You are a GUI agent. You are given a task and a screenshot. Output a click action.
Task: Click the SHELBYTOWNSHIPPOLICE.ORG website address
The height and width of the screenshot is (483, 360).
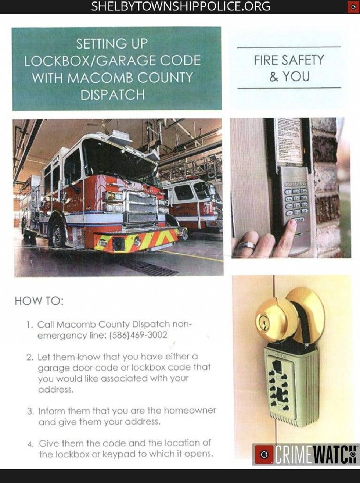tap(180, 6)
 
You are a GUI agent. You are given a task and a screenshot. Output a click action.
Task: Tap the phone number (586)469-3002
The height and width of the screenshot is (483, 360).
tap(138, 335)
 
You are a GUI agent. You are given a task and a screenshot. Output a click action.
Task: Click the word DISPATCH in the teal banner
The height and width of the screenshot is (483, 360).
tap(112, 94)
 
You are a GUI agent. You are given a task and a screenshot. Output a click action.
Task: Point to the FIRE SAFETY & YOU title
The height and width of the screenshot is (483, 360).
tap(289, 68)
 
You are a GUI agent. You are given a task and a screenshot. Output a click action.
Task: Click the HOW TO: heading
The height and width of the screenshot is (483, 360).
tap(39, 301)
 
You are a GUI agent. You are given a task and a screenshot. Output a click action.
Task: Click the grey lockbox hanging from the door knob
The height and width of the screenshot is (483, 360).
tap(291, 386)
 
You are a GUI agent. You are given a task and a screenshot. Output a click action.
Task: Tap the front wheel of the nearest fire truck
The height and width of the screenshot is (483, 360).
tap(58, 234)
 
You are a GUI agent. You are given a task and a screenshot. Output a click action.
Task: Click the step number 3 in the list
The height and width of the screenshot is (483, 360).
tap(30, 411)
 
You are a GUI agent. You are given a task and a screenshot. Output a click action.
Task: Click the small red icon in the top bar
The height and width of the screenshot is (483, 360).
tap(353, 7)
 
